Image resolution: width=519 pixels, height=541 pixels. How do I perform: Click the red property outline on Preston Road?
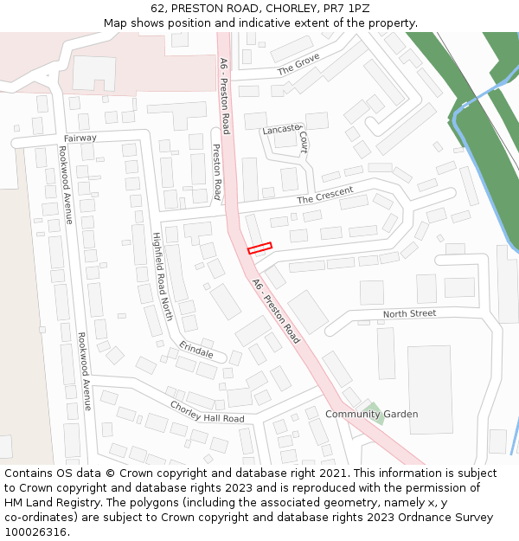click(259, 248)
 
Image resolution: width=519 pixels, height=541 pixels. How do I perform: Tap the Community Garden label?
click(371, 414)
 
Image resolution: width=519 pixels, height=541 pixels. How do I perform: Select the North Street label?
click(409, 313)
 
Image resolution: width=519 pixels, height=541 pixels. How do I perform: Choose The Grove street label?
click(298, 63)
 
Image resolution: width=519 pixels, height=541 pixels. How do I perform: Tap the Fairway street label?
click(80, 138)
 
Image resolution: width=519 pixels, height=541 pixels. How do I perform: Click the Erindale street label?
click(196, 350)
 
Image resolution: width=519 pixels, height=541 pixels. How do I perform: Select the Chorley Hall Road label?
click(207, 412)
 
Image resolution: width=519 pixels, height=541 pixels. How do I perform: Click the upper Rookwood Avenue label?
click(65, 184)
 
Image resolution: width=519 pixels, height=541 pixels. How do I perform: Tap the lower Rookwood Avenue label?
click(84, 370)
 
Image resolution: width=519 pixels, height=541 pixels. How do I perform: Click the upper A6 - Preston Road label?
click(224, 95)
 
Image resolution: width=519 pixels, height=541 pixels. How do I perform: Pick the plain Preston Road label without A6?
click(216, 172)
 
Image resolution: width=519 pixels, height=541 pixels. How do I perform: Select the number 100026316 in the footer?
click(35, 531)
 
